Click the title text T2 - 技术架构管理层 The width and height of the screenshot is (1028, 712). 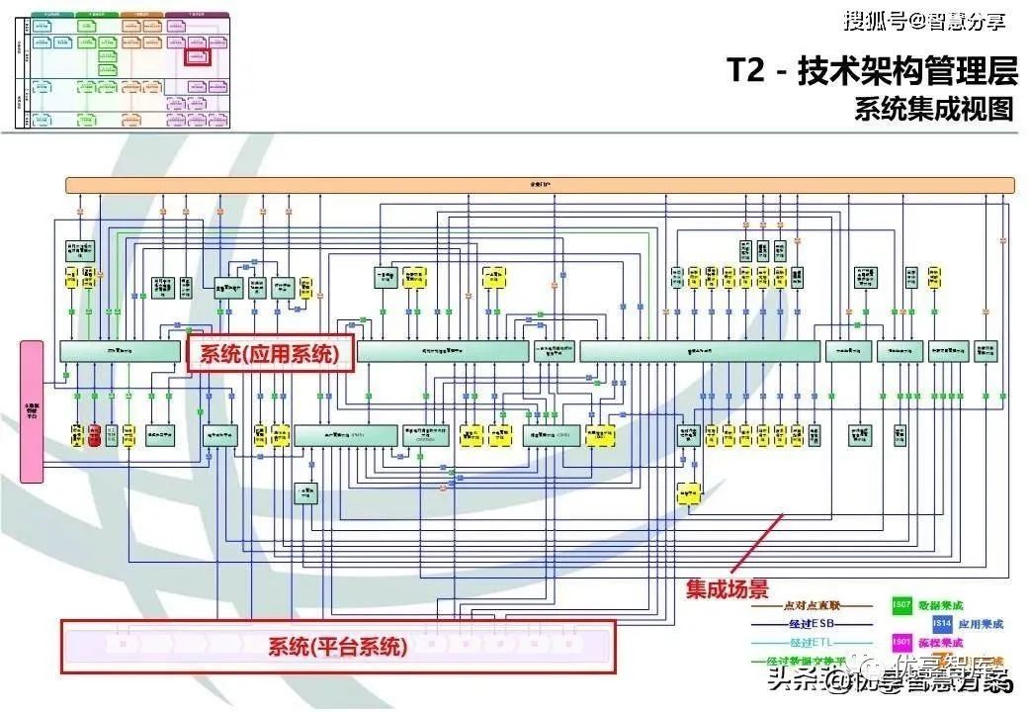tap(871, 70)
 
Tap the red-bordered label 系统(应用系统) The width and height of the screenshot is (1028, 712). tap(270, 353)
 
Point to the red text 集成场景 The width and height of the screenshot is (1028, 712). tap(728, 589)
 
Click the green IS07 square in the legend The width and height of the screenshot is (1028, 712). tap(901, 604)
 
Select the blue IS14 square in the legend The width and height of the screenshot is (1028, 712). tap(942, 623)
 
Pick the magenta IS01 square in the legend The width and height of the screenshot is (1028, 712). tap(901, 642)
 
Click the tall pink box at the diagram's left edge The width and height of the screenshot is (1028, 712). tap(33, 410)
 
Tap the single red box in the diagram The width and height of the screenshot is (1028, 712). tap(95, 434)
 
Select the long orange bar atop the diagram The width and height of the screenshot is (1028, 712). tap(541, 185)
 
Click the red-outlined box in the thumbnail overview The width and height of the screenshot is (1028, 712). tap(200, 57)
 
